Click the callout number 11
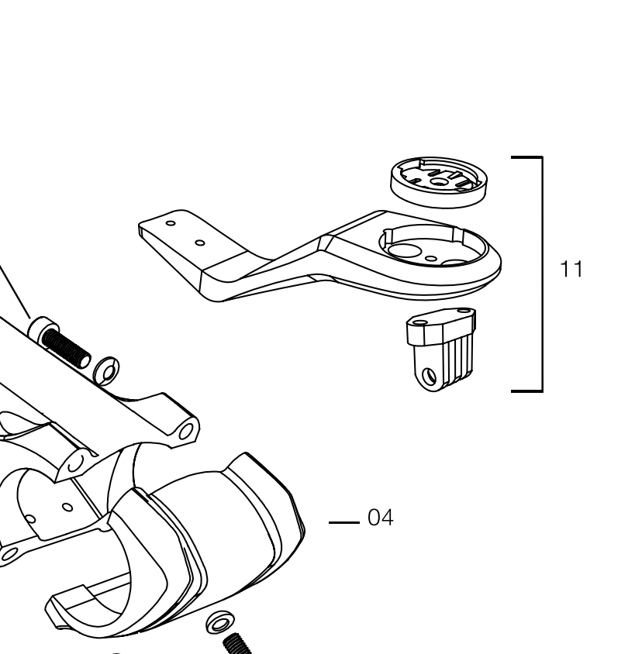coord(571,269)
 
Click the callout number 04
coord(380,518)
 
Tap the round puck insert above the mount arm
coord(439,182)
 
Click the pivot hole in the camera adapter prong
coord(428,377)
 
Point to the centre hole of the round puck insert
coord(438,181)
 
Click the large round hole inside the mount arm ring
coord(404,250)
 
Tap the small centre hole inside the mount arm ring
coord(431,259)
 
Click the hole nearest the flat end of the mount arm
coord(171,223)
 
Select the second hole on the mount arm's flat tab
coord(200,243)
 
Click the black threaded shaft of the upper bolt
coord(66,347)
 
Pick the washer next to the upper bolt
coord(106,370)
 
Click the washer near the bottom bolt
coord(220,624)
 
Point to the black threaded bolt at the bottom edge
coord(238,644)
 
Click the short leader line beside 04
coord(344,522)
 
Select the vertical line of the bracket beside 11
coord(542,274)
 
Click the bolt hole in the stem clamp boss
coord(186,432)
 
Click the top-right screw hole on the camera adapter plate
coord(464,311)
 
